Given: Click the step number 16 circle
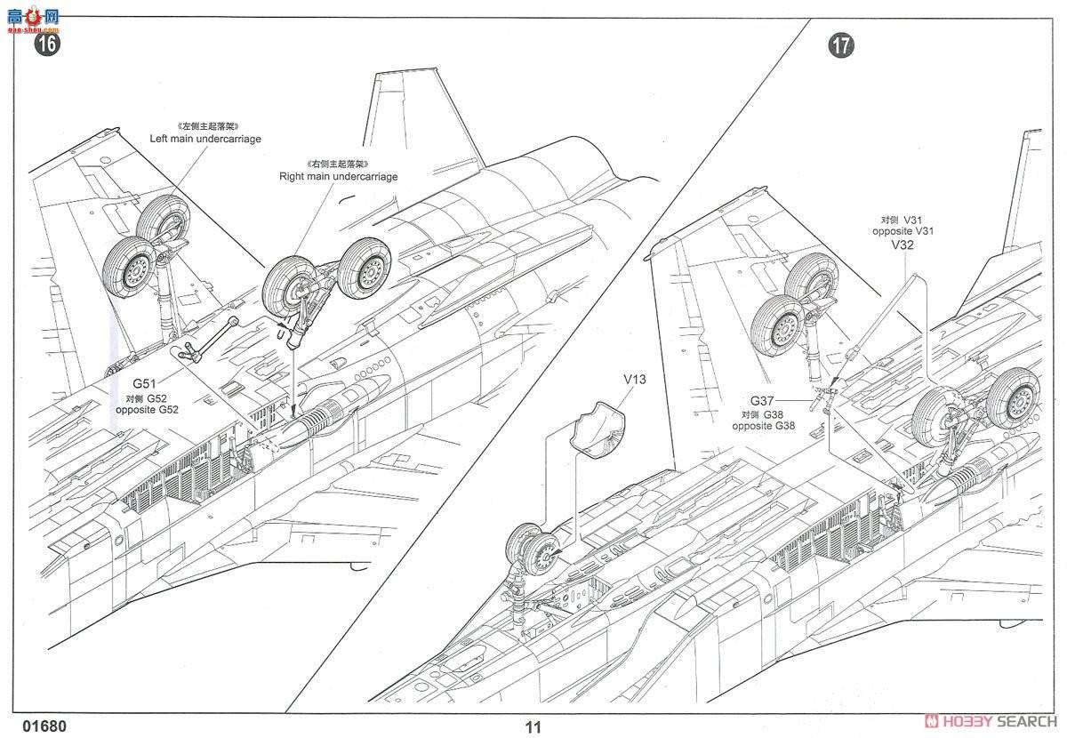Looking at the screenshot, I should pos(46,44).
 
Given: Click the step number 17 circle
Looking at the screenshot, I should pos(840,45).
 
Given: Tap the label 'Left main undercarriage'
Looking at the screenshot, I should pos(205,139).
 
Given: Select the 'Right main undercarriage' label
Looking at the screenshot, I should pos(338,176).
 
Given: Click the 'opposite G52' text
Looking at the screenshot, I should pos(147,410).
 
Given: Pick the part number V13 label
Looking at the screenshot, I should pos(634,380).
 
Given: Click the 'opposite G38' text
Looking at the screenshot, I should pos(764,426).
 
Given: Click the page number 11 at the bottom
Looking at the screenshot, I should pos(533,726).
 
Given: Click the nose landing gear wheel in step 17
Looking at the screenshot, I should pos(533,551).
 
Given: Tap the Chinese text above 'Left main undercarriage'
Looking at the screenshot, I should pos(205,126).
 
